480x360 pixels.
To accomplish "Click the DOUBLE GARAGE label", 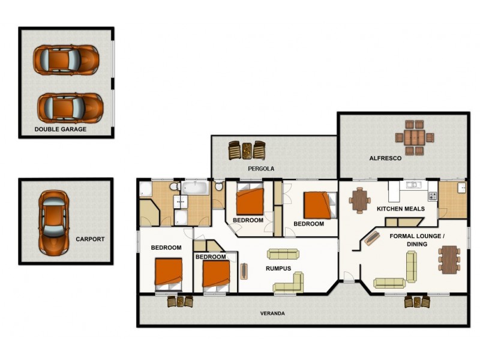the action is click(61, 129).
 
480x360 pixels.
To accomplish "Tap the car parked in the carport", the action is click(53, 223).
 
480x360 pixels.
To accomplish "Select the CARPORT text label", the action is click(90, 239).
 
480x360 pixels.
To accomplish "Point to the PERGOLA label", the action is click(261, 169).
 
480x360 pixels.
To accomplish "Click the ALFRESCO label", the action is click(385, 158).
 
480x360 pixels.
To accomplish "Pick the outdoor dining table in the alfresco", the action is click(415, 137).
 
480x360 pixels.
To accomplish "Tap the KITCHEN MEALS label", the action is click(400, 209).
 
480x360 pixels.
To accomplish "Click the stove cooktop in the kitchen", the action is click(433, 196).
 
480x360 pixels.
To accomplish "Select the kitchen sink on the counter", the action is click(414, 185).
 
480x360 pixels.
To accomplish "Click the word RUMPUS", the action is click(278, 268).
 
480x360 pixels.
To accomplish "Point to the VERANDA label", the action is click(272, 313).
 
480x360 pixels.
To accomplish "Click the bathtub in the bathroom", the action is click(195, 188).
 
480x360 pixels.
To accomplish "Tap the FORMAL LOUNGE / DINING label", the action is click(417, 240).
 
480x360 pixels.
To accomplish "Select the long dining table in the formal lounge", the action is click(449, 260).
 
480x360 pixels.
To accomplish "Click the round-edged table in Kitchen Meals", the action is click(359, 200).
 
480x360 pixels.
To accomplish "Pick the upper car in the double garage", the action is click(66, 60).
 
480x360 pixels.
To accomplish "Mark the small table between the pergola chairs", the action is click(247, 151).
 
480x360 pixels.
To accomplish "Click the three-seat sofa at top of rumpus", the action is click(283, 254).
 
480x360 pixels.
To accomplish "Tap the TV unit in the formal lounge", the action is click(371, 238).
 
